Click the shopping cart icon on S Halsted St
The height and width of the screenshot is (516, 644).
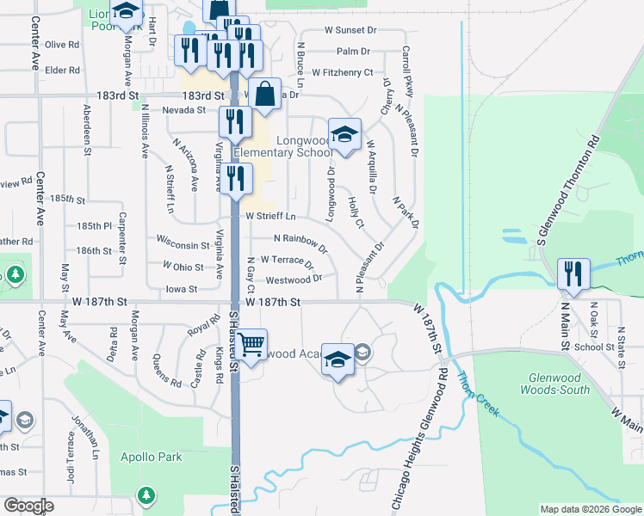251,344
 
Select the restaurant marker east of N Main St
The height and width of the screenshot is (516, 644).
573,273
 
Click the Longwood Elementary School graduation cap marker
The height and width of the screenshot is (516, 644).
344,134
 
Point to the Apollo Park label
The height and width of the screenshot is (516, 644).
152,457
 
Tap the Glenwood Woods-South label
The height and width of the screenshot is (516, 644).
555,384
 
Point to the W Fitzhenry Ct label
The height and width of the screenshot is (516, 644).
343,73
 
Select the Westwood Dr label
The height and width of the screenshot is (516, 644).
294,279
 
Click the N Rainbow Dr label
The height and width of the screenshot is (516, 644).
300,243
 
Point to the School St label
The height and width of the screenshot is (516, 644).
595,347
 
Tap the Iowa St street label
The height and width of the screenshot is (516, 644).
182,290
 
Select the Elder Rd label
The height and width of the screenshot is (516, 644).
63,70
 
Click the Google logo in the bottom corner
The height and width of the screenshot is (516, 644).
28,506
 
